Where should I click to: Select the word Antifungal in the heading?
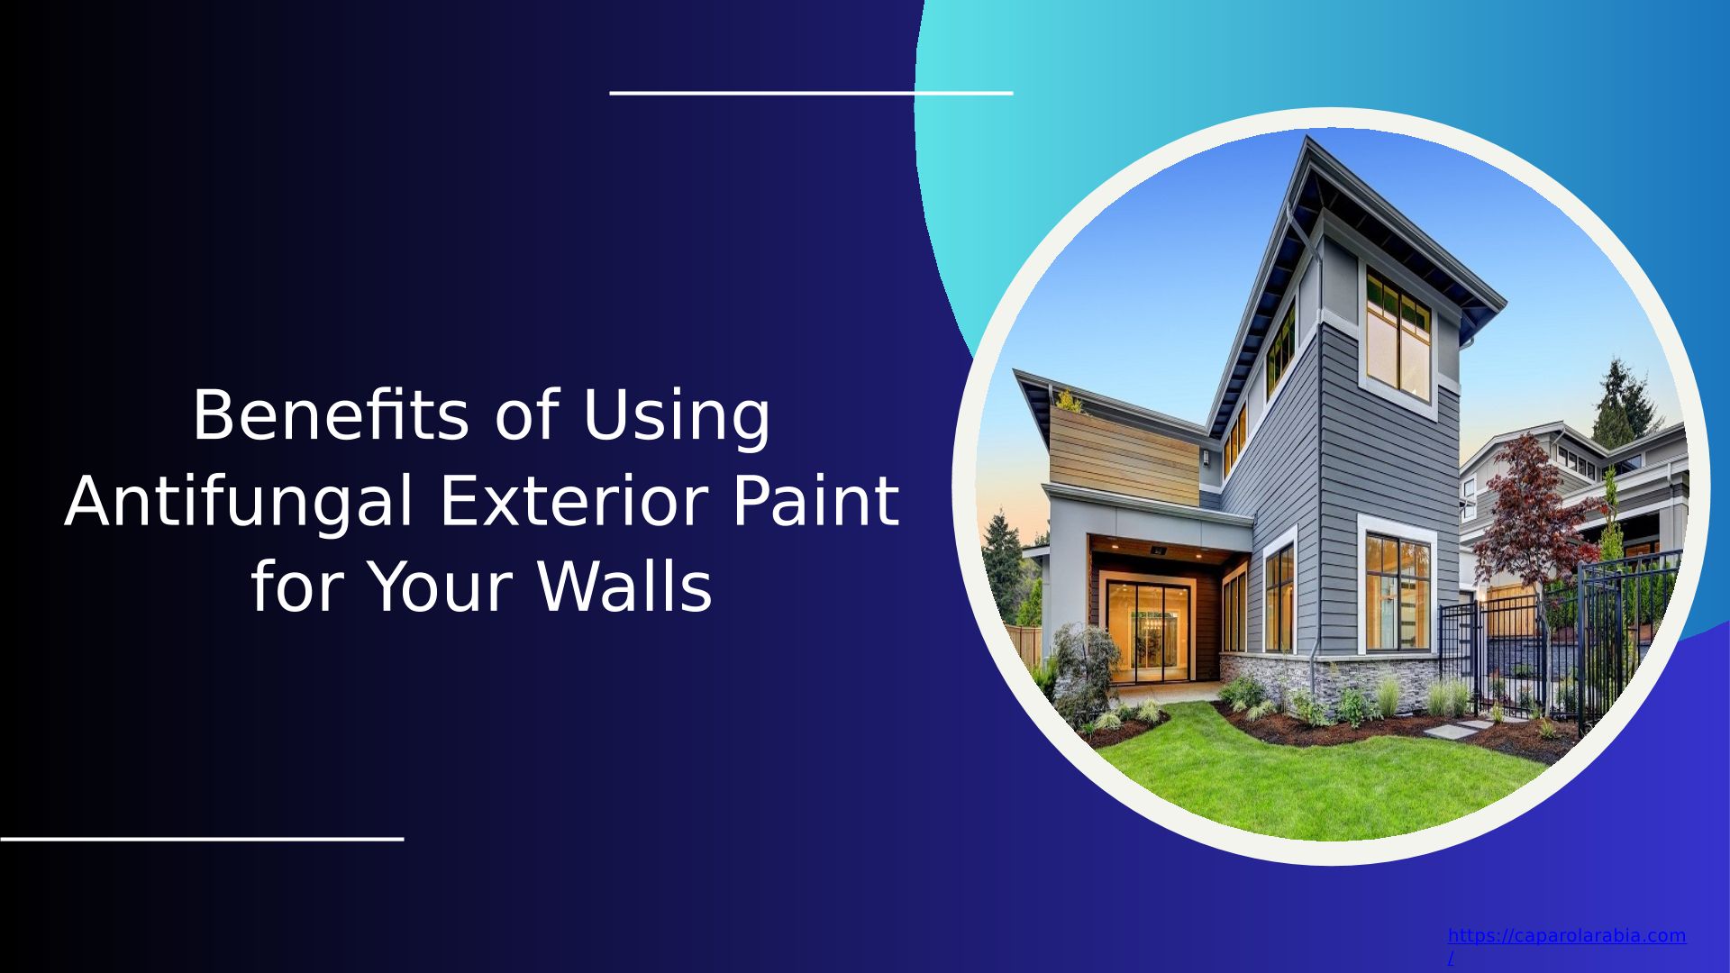[x=239, y=504]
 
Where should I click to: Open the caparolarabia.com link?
[x=1566, y=944]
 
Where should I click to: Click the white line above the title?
[x=811, y=92]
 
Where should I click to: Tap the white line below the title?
[x=202, y=838]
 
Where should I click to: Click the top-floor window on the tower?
[x=1398, y=333]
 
